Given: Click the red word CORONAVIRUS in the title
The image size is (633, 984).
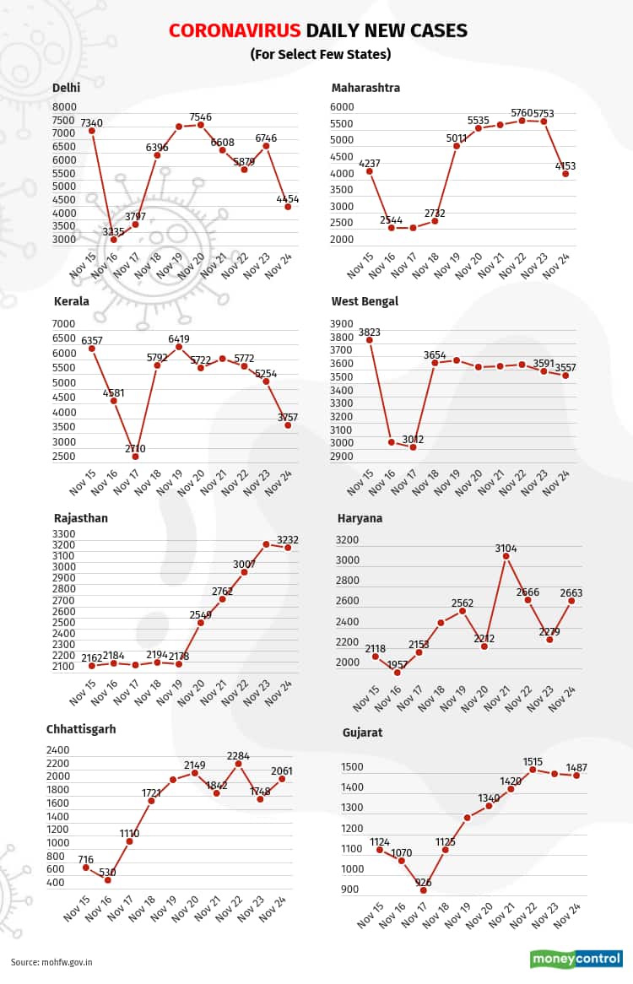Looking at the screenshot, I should click(x=235, y=31).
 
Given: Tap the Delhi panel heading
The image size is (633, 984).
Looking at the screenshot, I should click(x=67, y=88).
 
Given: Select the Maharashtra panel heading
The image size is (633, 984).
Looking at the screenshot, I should click(x=365, y=88).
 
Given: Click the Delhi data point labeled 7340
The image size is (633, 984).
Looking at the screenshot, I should click(x=91, y=131).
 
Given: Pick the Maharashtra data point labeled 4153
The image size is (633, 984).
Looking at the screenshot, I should click(x=565, y=174).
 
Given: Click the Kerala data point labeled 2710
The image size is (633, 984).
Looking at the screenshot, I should click(x=135, y=457).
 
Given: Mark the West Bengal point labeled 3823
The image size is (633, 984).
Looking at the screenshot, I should click(x=370, y=340).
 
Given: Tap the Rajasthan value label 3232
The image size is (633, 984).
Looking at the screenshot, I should click(x=288, y=539).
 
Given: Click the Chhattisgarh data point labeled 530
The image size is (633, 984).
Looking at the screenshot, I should click(x=107, y=880).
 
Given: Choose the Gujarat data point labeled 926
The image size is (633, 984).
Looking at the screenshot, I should click(x=424, y=890).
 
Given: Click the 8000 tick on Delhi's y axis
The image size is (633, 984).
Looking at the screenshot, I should click(x=64, y=107).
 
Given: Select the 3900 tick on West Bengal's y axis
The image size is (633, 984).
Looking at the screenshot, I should click(x=342, y=324).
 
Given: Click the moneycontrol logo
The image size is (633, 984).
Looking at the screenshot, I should click(x=575, y=959).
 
